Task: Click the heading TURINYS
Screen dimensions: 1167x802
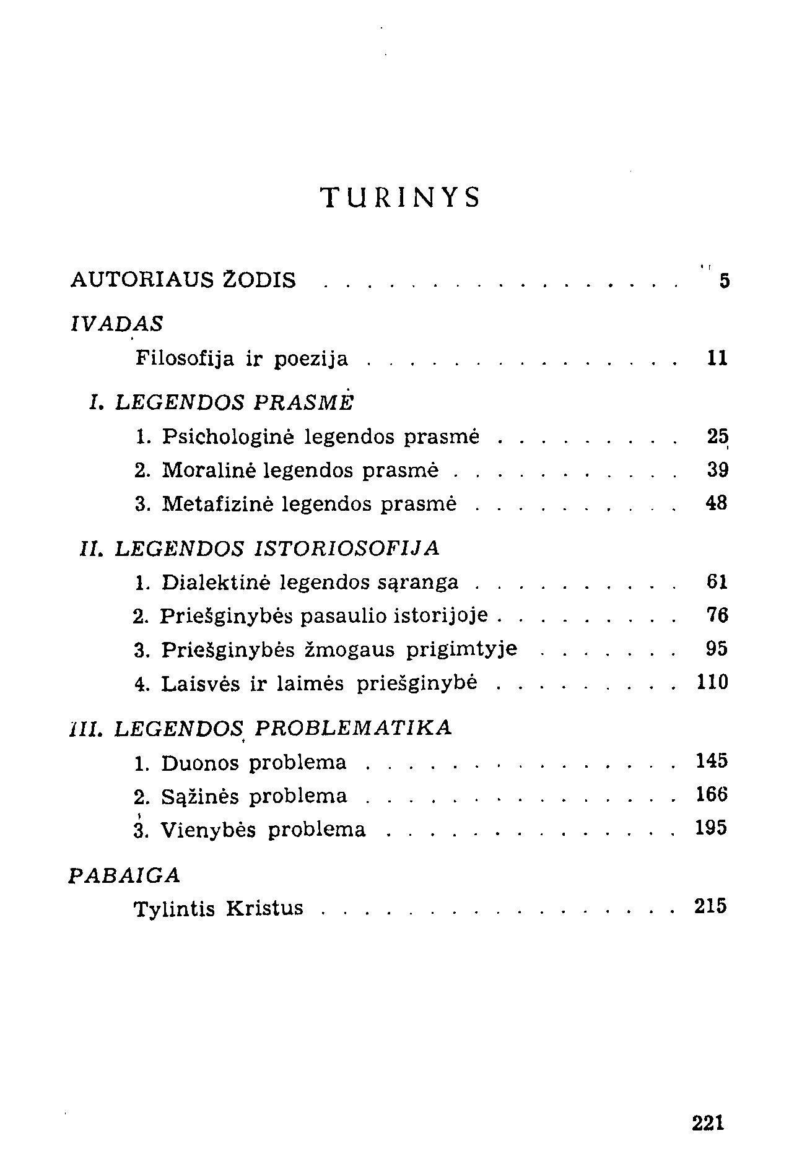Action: pos(401,197)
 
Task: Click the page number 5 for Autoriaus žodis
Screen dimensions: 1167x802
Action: pos(724,282)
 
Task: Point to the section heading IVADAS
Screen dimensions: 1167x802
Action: pos(117,323)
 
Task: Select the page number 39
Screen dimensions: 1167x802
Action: pos(717,471)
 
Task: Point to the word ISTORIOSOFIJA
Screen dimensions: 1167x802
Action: pos(347,548)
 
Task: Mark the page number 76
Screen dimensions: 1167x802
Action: pos(717,615)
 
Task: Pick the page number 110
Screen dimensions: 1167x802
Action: pos(712,682)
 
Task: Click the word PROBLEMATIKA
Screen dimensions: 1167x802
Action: pos(353,727)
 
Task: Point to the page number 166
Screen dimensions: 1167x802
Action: pos(712,795)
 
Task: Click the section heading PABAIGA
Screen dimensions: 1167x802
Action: pos(124,875)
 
